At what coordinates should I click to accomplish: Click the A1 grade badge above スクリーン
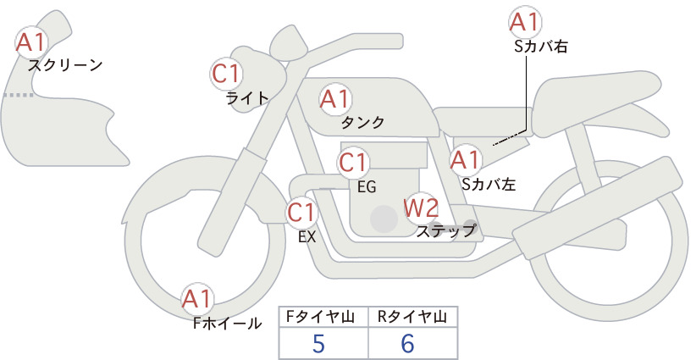tap(31, 42)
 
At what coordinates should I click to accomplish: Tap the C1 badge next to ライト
tap(226, 74)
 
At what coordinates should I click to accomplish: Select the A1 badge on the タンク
tap(335, 99)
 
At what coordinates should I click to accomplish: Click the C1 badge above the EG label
tap(353, 163)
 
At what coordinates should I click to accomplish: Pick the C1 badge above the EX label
tap(301, 213)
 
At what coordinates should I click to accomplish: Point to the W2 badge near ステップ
tap(421, 208)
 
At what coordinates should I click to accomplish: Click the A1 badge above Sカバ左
tap(466, 161)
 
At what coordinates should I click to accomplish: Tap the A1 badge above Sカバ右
tap(525, 23)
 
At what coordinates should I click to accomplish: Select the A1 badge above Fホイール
tap(197, 299)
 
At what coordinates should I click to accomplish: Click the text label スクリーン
tap(65, 65)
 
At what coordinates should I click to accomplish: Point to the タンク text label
tap(362, 122)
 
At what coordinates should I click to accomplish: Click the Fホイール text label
tap(228, 323)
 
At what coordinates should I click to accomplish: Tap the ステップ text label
tap(445, 231)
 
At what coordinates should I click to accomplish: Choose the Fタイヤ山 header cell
tap(323, 317)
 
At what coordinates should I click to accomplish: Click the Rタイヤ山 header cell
tap(413, 317)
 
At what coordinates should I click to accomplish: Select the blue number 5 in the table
tap(318, 343)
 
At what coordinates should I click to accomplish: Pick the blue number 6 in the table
tap(407, 343)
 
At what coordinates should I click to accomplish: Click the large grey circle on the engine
tap(384, 219)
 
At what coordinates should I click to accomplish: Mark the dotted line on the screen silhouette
tap(19, 95)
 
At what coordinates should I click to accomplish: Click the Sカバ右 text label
tap(541, 47)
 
